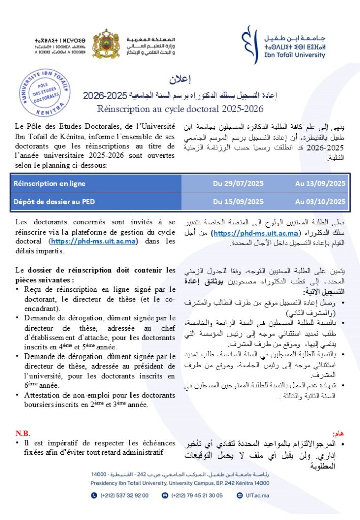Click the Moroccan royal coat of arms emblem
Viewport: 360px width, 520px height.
(106, 44)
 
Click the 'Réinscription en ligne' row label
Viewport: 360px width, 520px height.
(50, 183)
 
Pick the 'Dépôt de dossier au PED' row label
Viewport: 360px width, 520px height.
(54, 201)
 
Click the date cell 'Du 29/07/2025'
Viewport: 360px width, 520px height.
(238, 183)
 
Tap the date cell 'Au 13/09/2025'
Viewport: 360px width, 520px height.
(320, 183)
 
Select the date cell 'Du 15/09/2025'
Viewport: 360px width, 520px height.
(238, 201)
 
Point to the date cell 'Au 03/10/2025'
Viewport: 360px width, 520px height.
(320, 201)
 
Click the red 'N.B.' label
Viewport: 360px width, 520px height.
(23, 433)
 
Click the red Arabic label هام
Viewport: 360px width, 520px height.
(339, 433)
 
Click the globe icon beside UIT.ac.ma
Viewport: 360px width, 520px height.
(240, 495)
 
